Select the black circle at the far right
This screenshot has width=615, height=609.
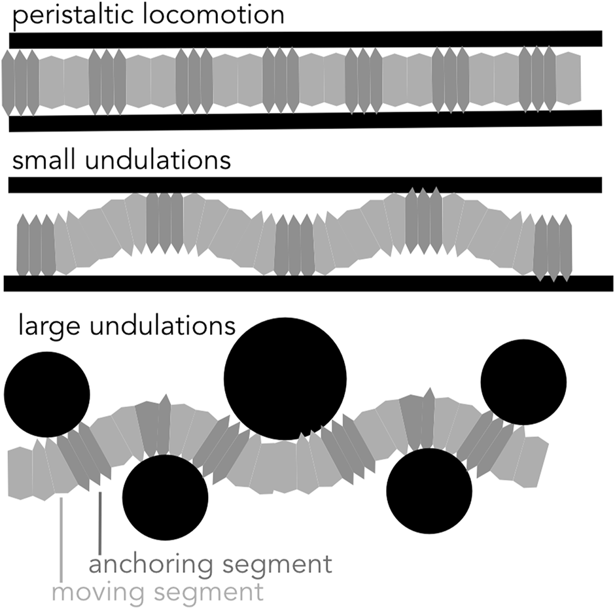click(x=523, y=381)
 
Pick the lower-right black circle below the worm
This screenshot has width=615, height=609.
click(x=429, y=491)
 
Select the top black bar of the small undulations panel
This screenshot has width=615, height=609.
click(x=306, y=184)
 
